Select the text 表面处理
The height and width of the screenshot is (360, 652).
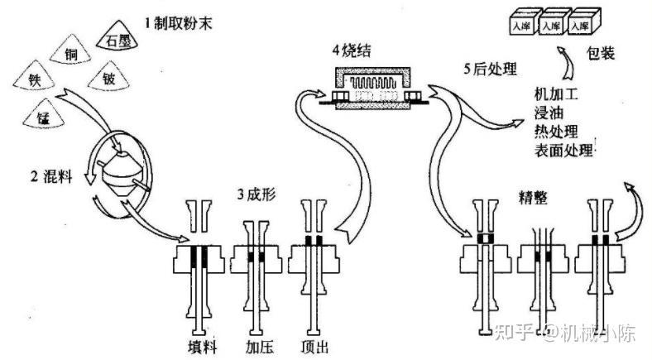pyautogui.click(x=564, y=150)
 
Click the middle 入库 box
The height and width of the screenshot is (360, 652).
pyautogui.click(x=549, y=26)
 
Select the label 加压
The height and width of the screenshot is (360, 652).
pyautogui.click(x=260, y=345)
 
